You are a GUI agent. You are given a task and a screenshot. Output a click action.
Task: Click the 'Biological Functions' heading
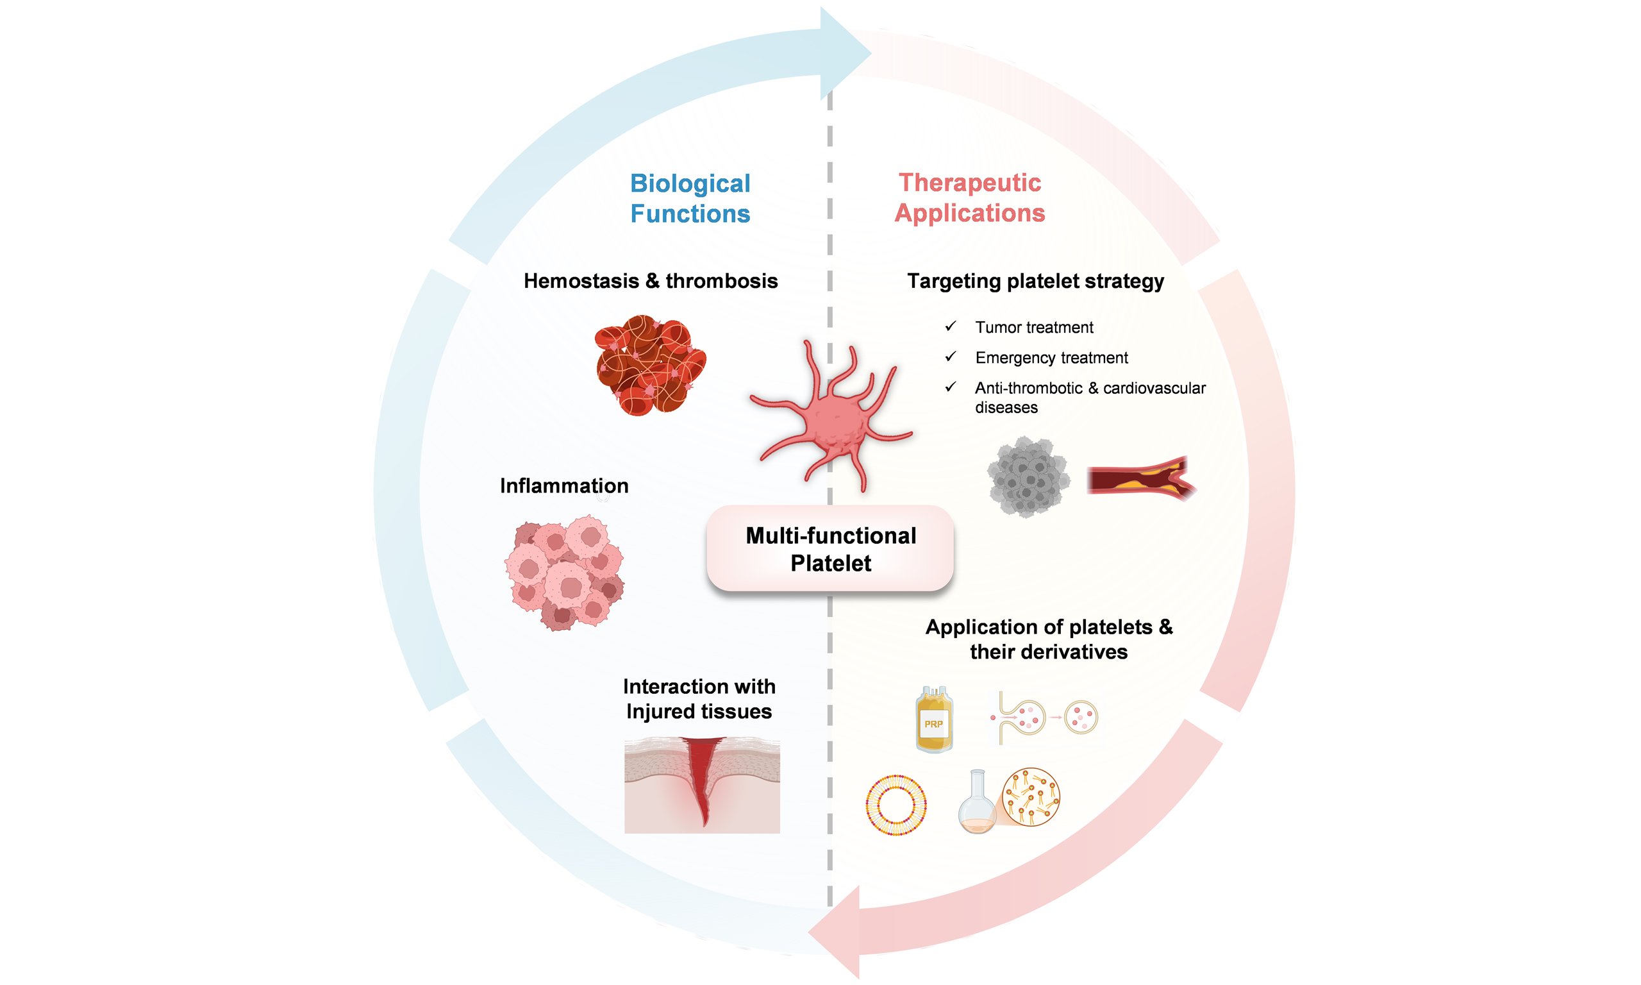pos(690,198)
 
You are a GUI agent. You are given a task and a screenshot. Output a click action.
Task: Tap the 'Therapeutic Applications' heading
pos(969,197)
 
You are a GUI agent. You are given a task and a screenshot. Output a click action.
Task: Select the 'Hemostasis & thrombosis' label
pos(650,281)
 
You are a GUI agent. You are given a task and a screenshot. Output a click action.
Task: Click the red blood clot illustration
pos(649,365)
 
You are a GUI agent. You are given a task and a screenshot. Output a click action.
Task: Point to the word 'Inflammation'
pos(564,485)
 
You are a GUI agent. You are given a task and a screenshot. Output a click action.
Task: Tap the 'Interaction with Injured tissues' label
pos(699,698)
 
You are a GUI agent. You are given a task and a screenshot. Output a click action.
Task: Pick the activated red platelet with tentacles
pos(833,418)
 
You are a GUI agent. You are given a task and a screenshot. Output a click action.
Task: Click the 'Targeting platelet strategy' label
pos(1035,281)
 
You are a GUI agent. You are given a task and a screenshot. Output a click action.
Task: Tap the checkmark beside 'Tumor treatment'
pos(951,326)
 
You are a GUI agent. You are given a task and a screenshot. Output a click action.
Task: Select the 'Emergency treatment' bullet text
pos(1051,358)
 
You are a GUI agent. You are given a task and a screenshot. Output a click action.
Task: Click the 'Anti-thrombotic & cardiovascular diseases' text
pos(1089,397)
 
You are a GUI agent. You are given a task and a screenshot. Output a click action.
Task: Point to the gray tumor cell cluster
pos(1028,476)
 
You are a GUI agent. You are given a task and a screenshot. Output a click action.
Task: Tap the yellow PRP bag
pos(934,720)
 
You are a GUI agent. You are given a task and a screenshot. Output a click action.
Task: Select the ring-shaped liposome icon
pos(895,804)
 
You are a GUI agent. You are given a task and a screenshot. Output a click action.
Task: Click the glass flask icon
pos(976,803)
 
